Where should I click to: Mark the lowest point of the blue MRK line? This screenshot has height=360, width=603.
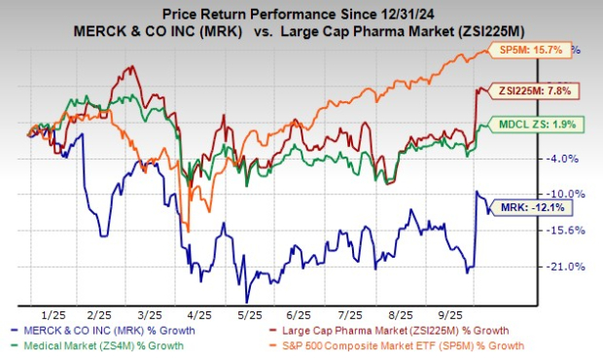coord(247,301)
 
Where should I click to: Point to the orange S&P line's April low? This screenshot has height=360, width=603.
coord(188,230)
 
